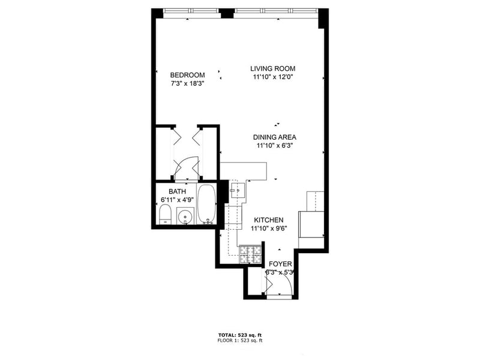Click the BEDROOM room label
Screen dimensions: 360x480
coord(188,75)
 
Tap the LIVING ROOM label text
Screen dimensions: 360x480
coord(273,68)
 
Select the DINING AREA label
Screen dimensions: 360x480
coord(275,137)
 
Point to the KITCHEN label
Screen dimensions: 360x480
coord(268,220)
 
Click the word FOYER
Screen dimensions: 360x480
coord(280,264)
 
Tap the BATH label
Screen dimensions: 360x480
coord(177,191)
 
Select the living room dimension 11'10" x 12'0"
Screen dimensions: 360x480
coord(273,77)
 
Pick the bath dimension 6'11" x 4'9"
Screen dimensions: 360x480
coord(177,199)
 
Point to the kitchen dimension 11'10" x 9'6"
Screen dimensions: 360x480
coord(268,229)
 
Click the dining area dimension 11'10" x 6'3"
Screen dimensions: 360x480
coord(275,145)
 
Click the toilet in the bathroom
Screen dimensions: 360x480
coord(164,214)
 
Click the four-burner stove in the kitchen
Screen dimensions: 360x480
coord(249,254)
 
